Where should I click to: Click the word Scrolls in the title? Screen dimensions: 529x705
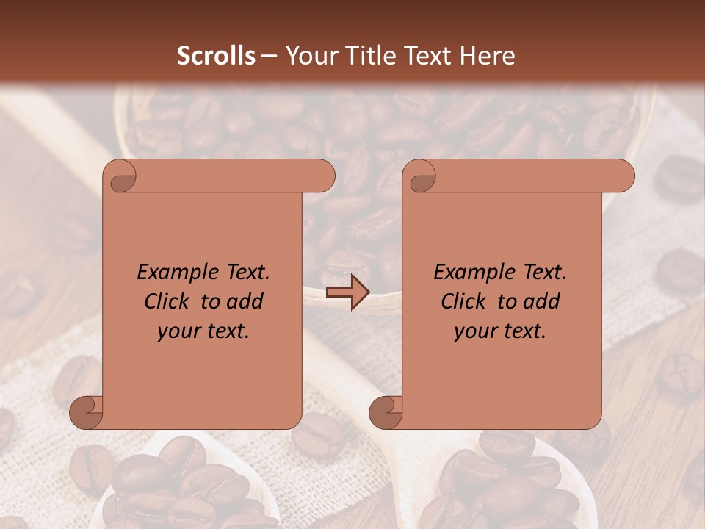tap(216, 56)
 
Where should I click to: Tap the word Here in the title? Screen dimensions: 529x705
tap(488, 56)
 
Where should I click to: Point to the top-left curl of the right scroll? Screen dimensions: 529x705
tap(421, 176)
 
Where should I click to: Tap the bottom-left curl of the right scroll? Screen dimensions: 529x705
tap(386, 412)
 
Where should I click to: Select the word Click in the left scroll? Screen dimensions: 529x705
tap(166, 301)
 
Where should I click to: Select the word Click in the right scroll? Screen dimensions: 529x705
tap(463, 301)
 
